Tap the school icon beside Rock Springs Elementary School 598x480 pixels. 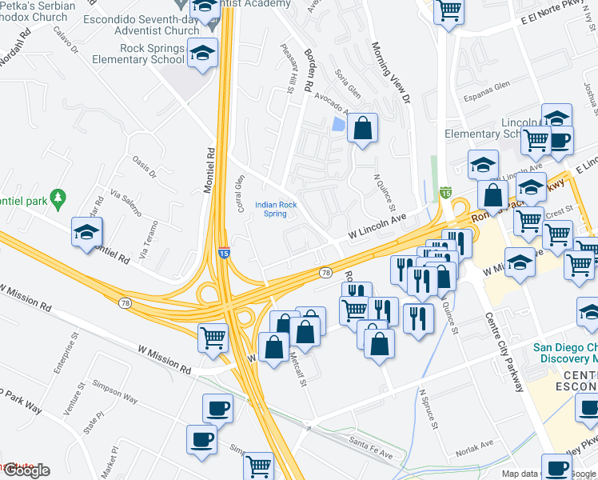pyautogui.click(x=203, y=53)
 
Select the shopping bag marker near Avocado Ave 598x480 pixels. pyautogui.click(x=362, y=128)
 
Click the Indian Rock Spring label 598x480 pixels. pyautogui.click(x=276, y=209)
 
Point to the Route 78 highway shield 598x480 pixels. pyautogui.click(x=325, y=274)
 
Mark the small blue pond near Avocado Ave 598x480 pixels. pyautogui.click(x=338, y=124)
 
